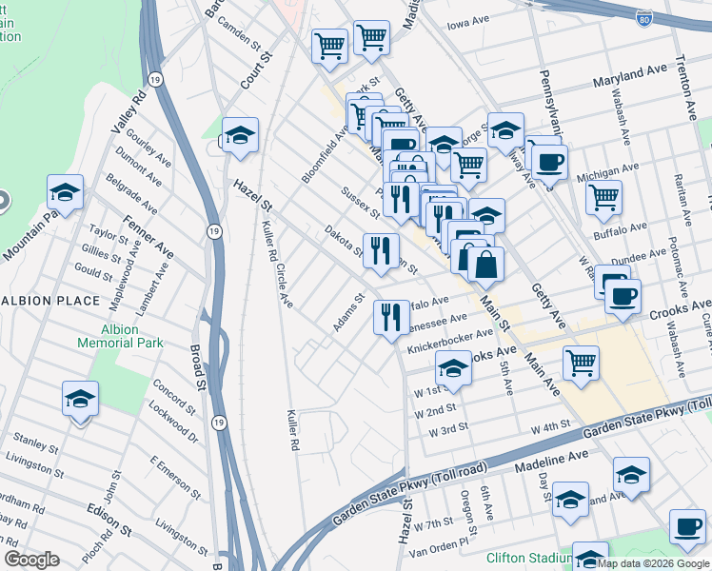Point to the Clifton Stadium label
[526, 559]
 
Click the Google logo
[31, 560]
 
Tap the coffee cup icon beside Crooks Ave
[623, 297]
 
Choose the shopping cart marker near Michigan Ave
[603, 198]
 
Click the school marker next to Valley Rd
[65, 192]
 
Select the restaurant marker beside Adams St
[391, 318]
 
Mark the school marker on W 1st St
[454, 369]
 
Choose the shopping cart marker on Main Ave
[581, 363]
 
